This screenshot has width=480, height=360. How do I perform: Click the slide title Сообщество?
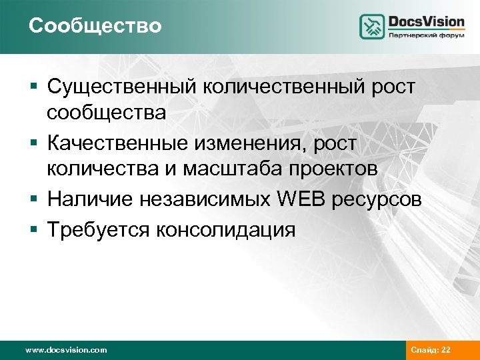point(95,26)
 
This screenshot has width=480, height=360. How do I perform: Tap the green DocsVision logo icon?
point(373,27)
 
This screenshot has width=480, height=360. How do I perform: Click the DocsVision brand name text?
point(426,21)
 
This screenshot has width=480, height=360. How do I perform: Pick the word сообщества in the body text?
point(106,112)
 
